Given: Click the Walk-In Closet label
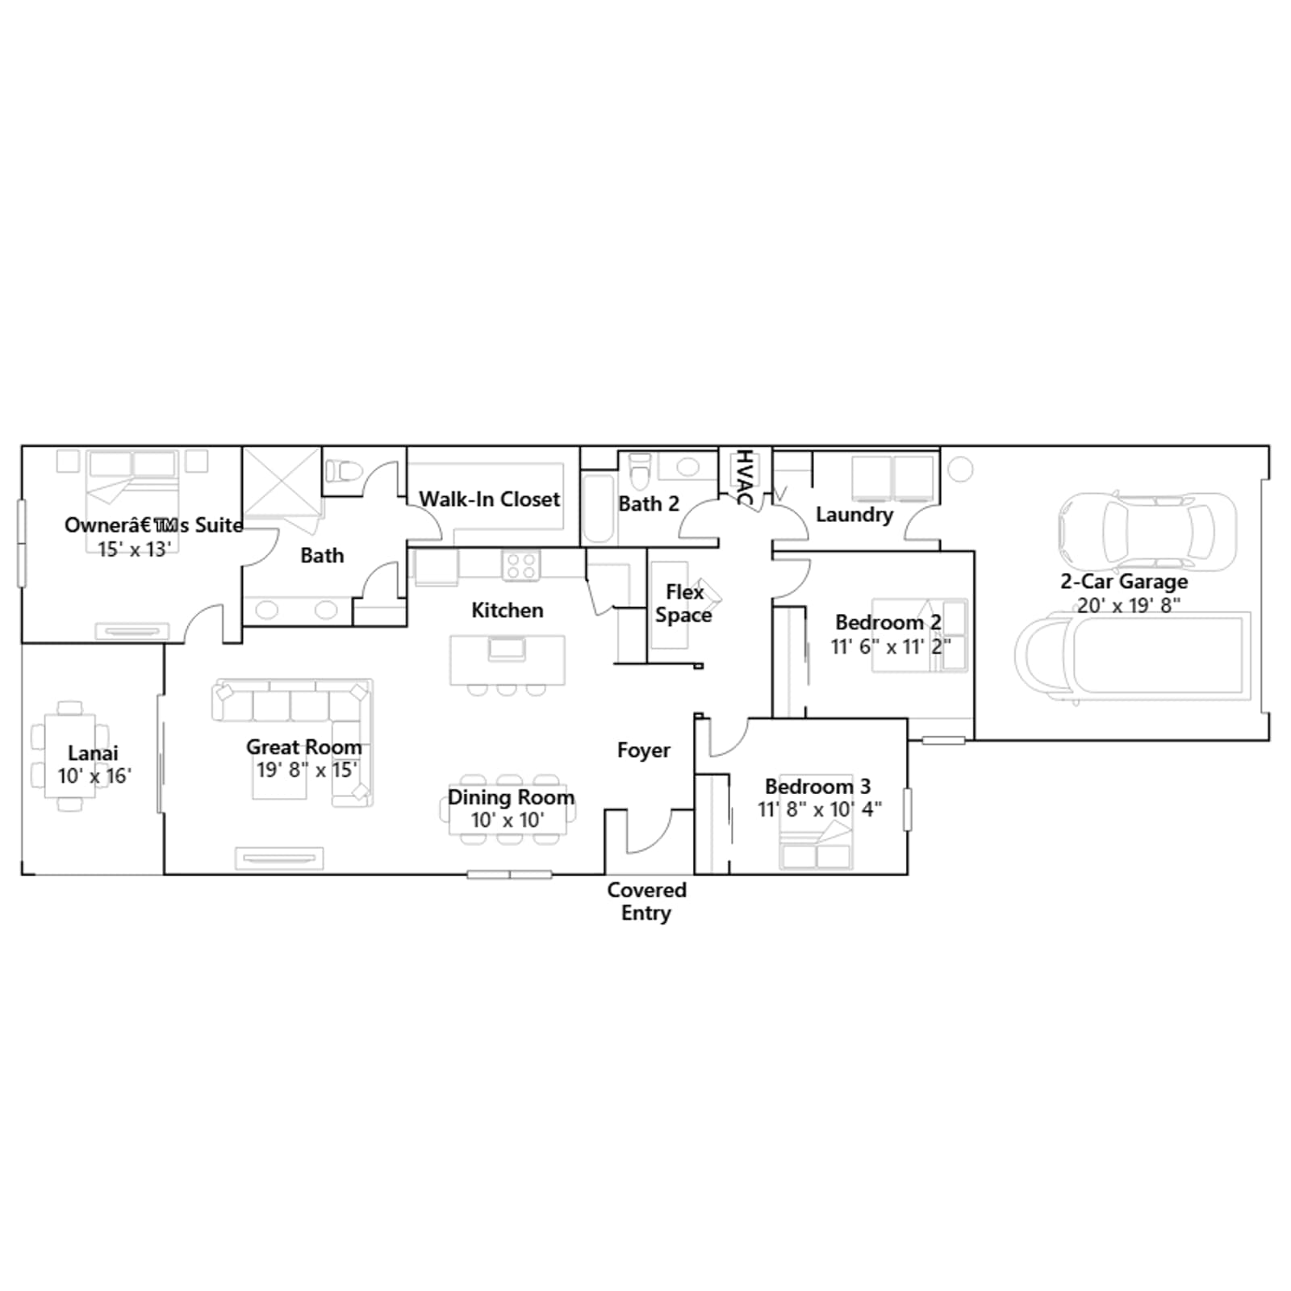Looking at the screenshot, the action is [489, 499].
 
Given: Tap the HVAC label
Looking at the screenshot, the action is [744, 478].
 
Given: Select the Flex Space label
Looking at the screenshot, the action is [683, 604].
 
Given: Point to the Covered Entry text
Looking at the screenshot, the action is [646, 901].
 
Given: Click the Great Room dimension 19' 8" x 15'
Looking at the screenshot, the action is [307, 770].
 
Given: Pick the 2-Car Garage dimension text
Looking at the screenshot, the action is [1129, 605].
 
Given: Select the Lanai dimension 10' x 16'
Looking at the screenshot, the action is [94, 776].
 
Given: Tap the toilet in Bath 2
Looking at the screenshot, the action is [640, 471].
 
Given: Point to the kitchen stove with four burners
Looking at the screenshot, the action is [521, 565].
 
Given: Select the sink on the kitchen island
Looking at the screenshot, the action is [507, 648].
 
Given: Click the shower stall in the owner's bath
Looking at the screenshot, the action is [282, 483].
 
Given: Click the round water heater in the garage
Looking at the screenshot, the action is [960, 469].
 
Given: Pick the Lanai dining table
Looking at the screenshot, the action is [70, 756].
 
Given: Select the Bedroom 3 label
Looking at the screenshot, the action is [817, 786].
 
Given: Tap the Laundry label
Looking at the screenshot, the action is [854, 515].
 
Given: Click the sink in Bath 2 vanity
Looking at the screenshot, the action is [687, 466].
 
